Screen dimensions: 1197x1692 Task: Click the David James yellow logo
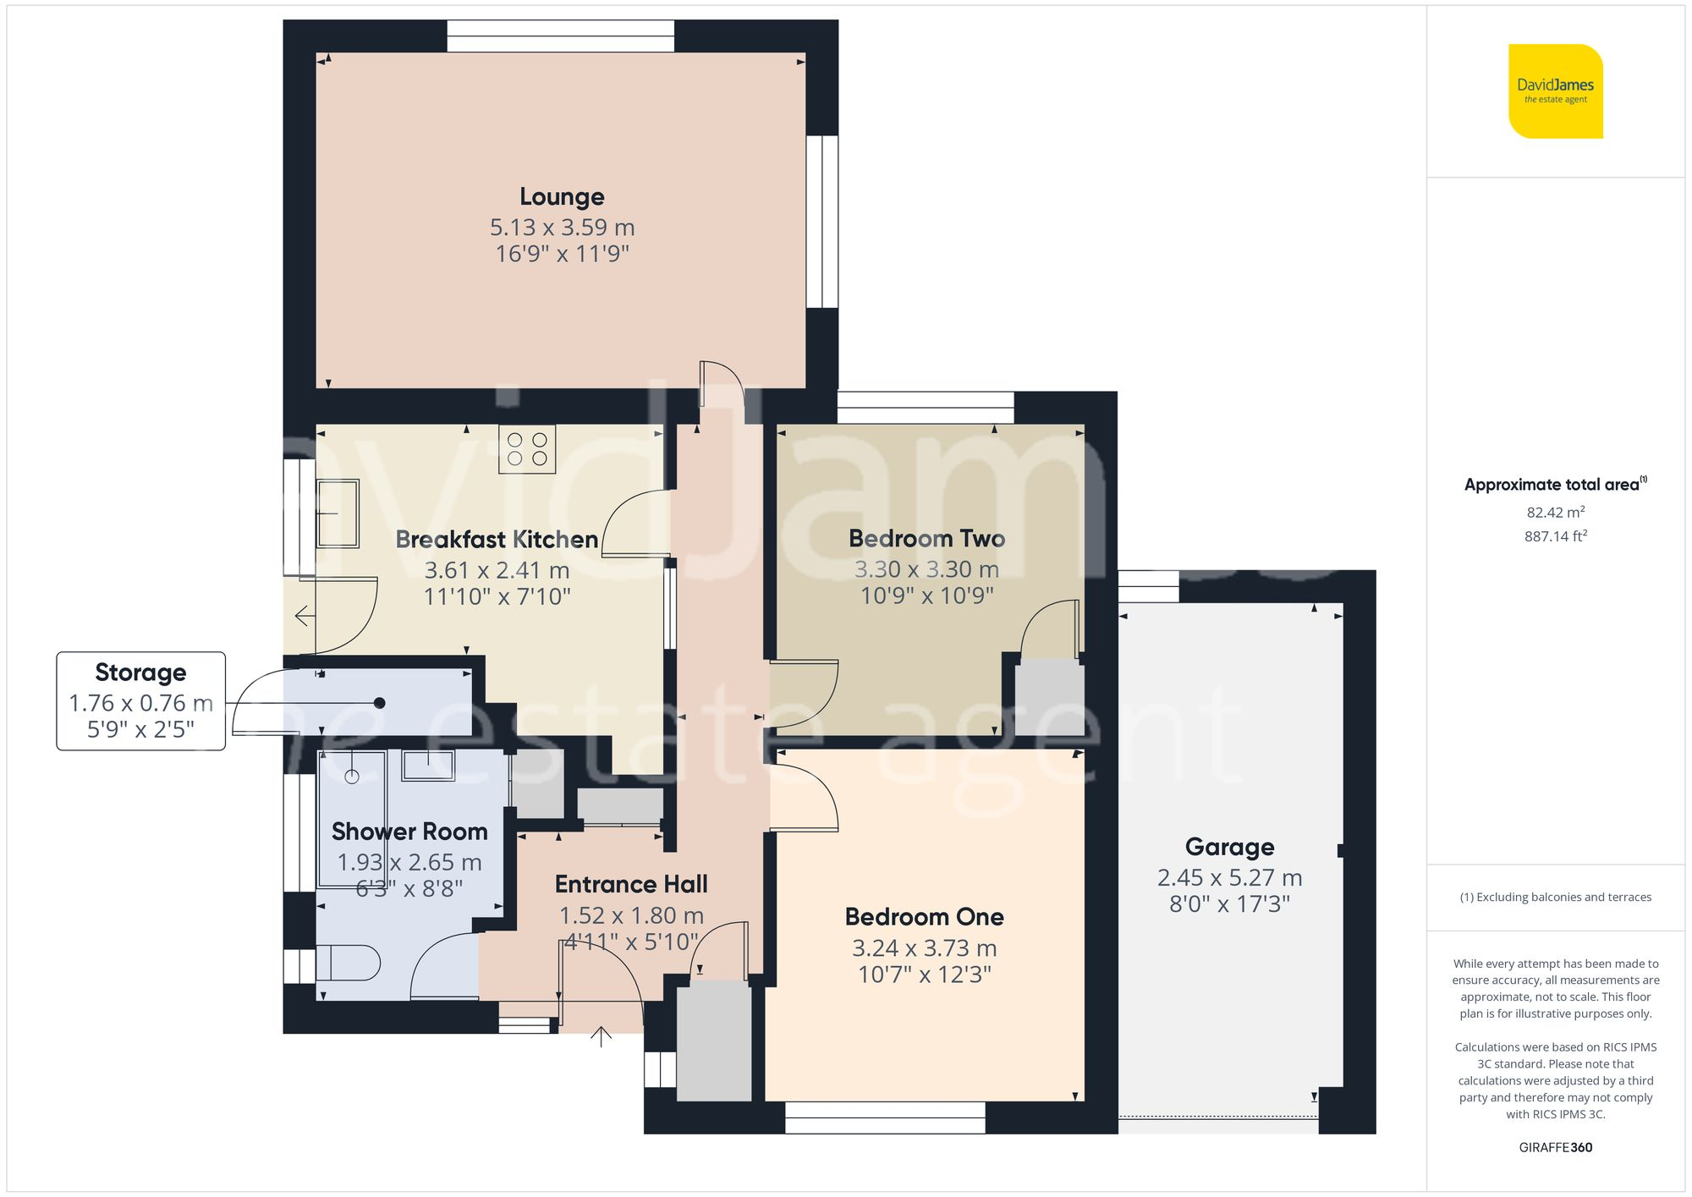(x=1555, y=91)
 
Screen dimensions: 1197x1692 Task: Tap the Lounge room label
(x=562, y=197)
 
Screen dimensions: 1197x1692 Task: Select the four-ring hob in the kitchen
(x=527, y=449)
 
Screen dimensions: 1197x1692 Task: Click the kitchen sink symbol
(x=338, y=513)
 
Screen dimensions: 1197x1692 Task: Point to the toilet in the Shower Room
(x=349, y=963)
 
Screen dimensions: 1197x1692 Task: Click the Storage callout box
(x=140, y=700)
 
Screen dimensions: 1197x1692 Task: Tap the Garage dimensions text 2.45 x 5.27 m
(x=1229, y=878)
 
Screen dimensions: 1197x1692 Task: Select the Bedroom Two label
(x=926, y=539)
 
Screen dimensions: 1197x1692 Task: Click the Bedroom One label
(x=924, y=917)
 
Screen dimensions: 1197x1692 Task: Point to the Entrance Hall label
(x=631, y=885)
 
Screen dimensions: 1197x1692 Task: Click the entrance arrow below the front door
(x=601, y=1036)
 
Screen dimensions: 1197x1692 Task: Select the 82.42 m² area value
(x=1555, y=513)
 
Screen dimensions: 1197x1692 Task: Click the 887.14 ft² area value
(x=1555, y=536)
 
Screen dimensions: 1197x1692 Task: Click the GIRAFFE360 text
(x=1555, y=1148)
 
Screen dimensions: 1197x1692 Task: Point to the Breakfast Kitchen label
(x=497, y=540)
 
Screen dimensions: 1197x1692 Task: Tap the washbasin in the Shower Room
(x=428, y=766)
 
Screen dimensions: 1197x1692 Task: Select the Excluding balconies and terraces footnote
(x=1555, y=898)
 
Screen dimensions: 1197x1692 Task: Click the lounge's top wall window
(x=561, y=36)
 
